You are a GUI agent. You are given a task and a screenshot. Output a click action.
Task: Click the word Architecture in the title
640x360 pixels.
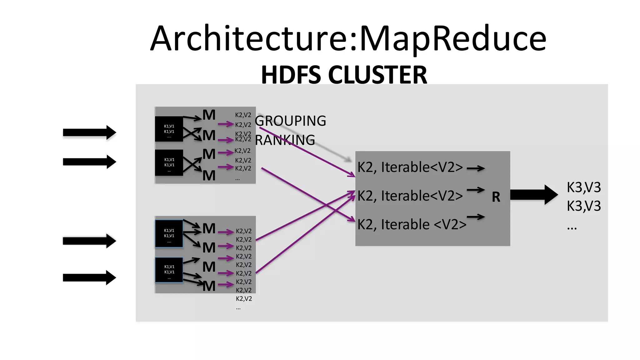pos(250,39)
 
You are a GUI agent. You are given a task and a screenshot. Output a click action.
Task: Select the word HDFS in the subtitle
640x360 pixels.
pos(291,75)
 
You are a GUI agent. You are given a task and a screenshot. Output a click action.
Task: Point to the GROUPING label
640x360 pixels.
pos(290,121)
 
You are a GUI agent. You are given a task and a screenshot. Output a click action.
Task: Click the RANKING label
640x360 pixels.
pos(285,140)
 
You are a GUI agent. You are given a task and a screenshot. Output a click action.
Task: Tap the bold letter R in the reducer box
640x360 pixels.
pos(496,197)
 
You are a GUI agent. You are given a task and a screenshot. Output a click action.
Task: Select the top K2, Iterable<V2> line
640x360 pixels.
pos(410,167)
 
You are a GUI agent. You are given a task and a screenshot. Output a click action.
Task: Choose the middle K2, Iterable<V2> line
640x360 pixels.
pos(410,196)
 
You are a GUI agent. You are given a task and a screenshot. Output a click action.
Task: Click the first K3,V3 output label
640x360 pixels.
pos(584,187)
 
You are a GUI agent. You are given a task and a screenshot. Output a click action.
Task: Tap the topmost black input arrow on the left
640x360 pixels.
pos(89,132)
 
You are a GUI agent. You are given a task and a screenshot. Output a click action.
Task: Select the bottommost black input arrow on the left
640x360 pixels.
pos(89,277)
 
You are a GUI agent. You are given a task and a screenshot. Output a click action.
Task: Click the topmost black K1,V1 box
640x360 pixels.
pos(169,129)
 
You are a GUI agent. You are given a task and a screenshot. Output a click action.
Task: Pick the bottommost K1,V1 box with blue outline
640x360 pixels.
pos(169,270)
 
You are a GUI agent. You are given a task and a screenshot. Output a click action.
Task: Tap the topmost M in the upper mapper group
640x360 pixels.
pos(209,115)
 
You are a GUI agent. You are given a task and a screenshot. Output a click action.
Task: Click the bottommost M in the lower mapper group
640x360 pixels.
pos(209,286)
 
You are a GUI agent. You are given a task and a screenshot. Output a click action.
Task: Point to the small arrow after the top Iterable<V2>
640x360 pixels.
pos(476,168)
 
